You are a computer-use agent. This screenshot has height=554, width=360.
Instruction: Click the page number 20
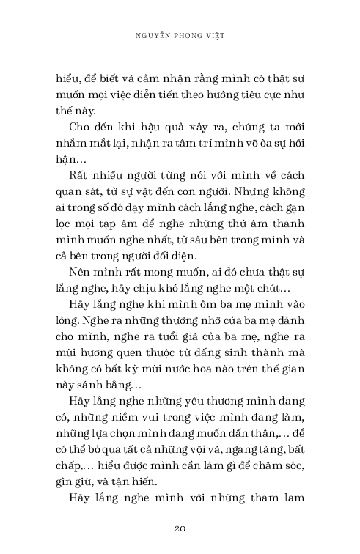[x=180, y=528]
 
